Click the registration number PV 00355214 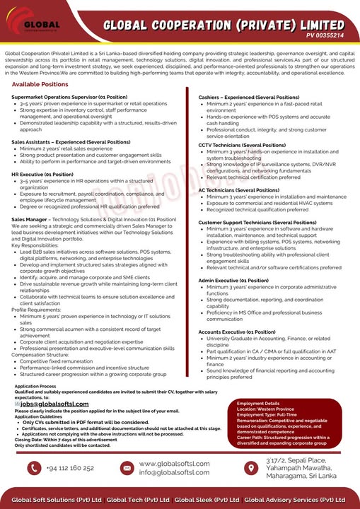click(x=325, y=35)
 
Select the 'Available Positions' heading click(x=40, y=84)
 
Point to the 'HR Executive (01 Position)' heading click(x=42, y=173)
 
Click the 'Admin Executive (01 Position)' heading click(x=236, y=280)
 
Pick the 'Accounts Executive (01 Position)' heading click(x=237, y=331)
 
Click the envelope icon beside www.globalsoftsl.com click(x=127, y=468)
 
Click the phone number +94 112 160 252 click(x=71, y=468)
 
